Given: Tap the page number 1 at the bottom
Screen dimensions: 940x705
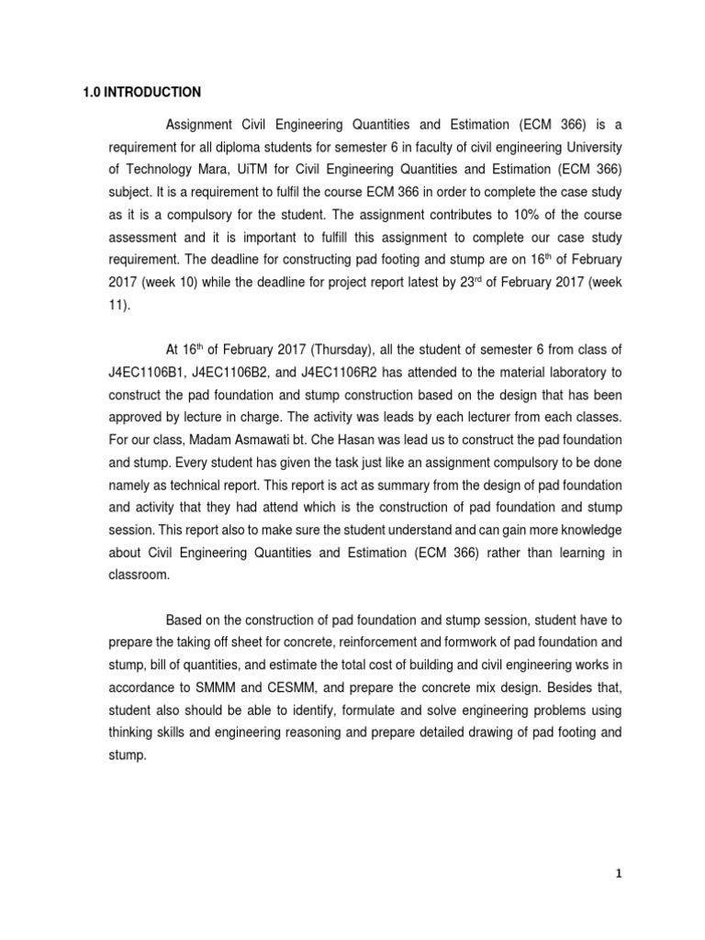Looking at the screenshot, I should [x=619, y=873].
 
